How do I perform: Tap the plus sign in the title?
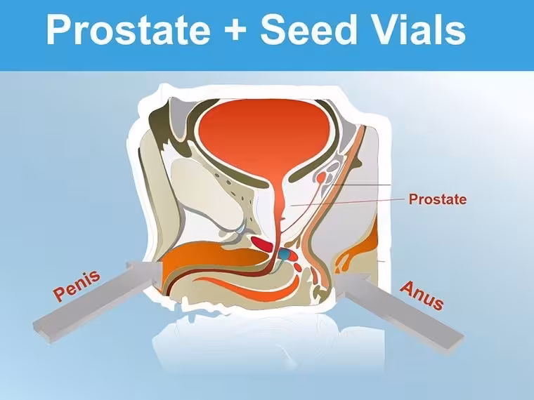235,29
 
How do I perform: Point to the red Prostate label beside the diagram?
438,199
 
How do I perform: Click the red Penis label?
77,285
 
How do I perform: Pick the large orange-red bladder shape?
264,136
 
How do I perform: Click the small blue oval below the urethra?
284,254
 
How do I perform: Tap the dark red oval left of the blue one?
262,244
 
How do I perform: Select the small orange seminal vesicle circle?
320,178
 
